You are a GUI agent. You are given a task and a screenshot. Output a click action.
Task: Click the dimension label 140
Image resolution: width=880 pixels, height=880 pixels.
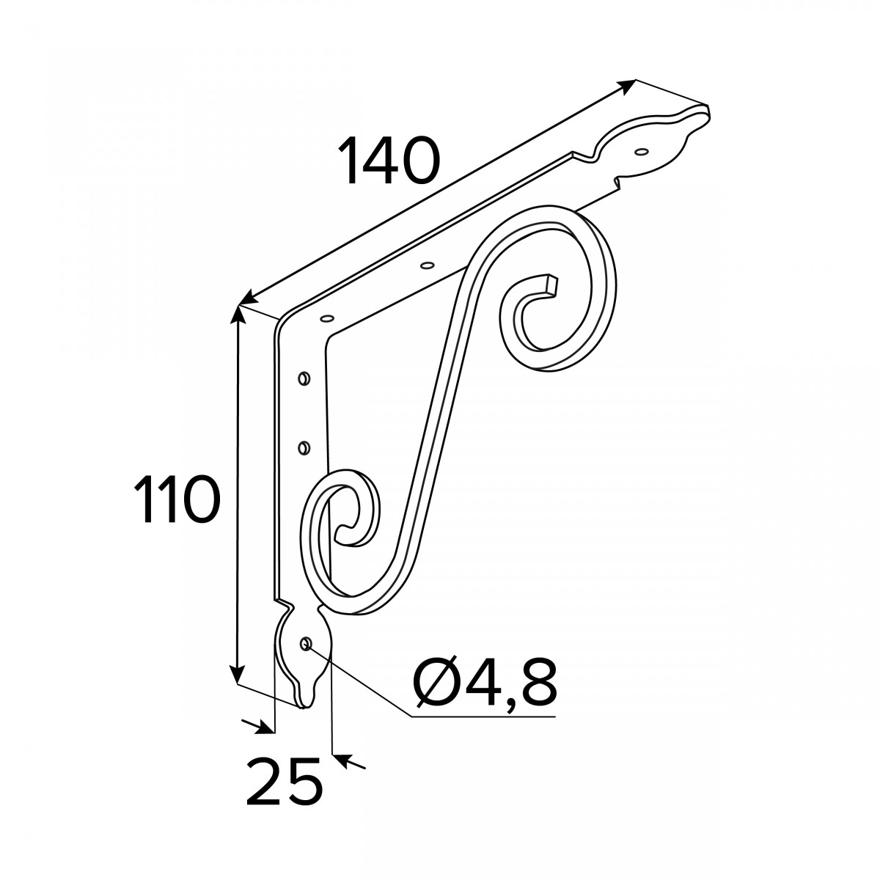click(x=388, y=161)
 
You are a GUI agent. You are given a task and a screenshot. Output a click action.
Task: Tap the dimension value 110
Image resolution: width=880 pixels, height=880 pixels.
click(x=177, y=499)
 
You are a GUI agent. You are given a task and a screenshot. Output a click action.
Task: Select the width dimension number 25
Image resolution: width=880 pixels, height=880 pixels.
click(x=284, y=781)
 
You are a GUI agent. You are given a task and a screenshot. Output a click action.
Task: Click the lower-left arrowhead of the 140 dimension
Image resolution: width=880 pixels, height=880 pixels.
click(x=248, y=298)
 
